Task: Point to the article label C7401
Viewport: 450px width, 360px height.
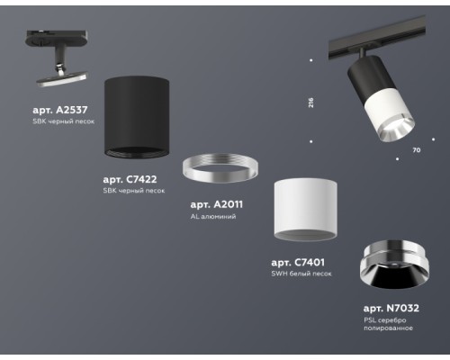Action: [x=298, y=262]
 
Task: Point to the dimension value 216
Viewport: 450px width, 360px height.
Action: [x=310, y=103]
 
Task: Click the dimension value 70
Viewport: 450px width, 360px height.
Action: [x=416, y=148]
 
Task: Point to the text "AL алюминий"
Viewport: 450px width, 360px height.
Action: [x=212, y=217]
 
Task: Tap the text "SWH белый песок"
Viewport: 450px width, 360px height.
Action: [x=303, y=274]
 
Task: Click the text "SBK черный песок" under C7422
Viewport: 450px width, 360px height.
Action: [x=134, y=192]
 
